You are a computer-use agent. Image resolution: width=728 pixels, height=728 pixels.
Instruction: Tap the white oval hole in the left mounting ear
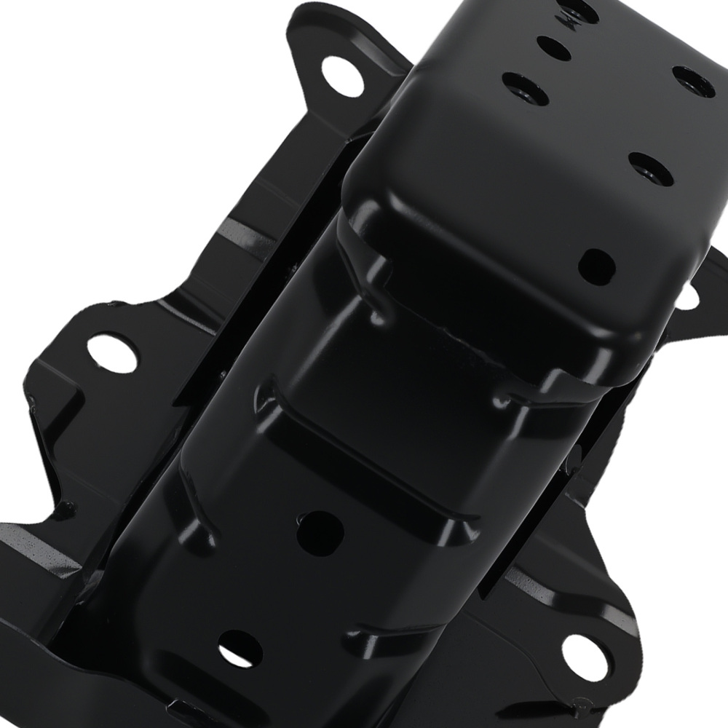pos(114,352)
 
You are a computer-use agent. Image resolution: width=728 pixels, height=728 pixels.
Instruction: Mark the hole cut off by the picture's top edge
pos(580,9)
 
